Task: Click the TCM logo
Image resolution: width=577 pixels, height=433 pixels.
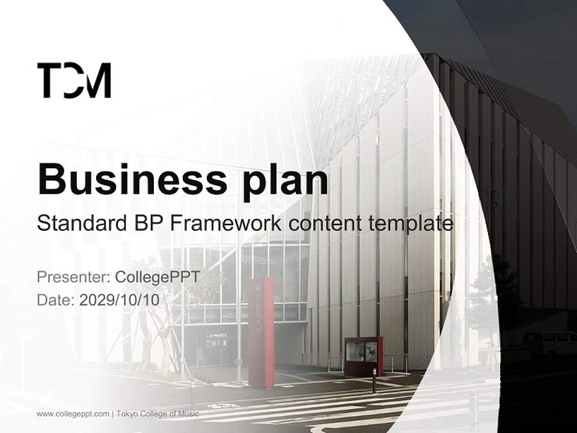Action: click(x=74, y=81)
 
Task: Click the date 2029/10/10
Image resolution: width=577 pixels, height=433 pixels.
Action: click(x=119, y=300)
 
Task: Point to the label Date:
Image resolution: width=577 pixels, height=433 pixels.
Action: click(x=56, y=300)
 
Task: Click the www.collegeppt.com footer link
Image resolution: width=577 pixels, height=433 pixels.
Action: click(x=73, y=414)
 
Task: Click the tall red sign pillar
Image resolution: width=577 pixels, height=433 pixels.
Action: click(x=261, y=331)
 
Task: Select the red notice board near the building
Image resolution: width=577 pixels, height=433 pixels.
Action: click(x=364, y=355)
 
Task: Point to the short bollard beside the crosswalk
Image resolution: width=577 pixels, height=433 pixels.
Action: click(x=374, y=380)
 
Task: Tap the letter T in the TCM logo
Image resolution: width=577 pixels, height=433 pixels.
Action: click(x=48, y=81)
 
